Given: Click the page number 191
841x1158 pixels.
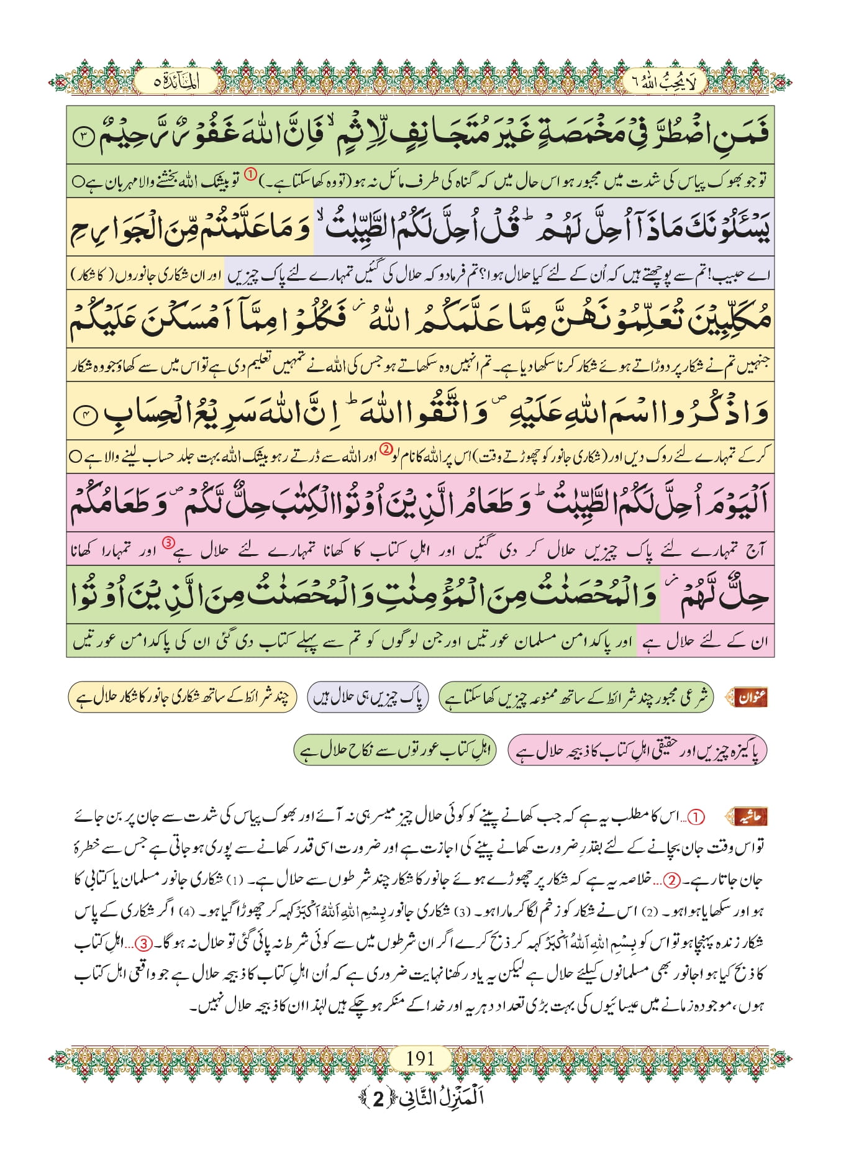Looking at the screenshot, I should [420, 1058].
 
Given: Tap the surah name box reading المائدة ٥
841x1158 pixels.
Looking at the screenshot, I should [176, 82].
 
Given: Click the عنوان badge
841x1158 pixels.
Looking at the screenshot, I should [751, 698].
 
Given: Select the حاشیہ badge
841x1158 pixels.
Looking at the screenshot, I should [750, 816].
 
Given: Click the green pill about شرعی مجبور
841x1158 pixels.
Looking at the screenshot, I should [576, 698].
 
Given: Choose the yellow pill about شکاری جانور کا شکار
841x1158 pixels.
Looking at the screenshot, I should [182, 698].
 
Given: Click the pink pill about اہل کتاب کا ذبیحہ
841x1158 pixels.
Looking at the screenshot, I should [637, 750].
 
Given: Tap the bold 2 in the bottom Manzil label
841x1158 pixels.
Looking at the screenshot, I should [378, 1099].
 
